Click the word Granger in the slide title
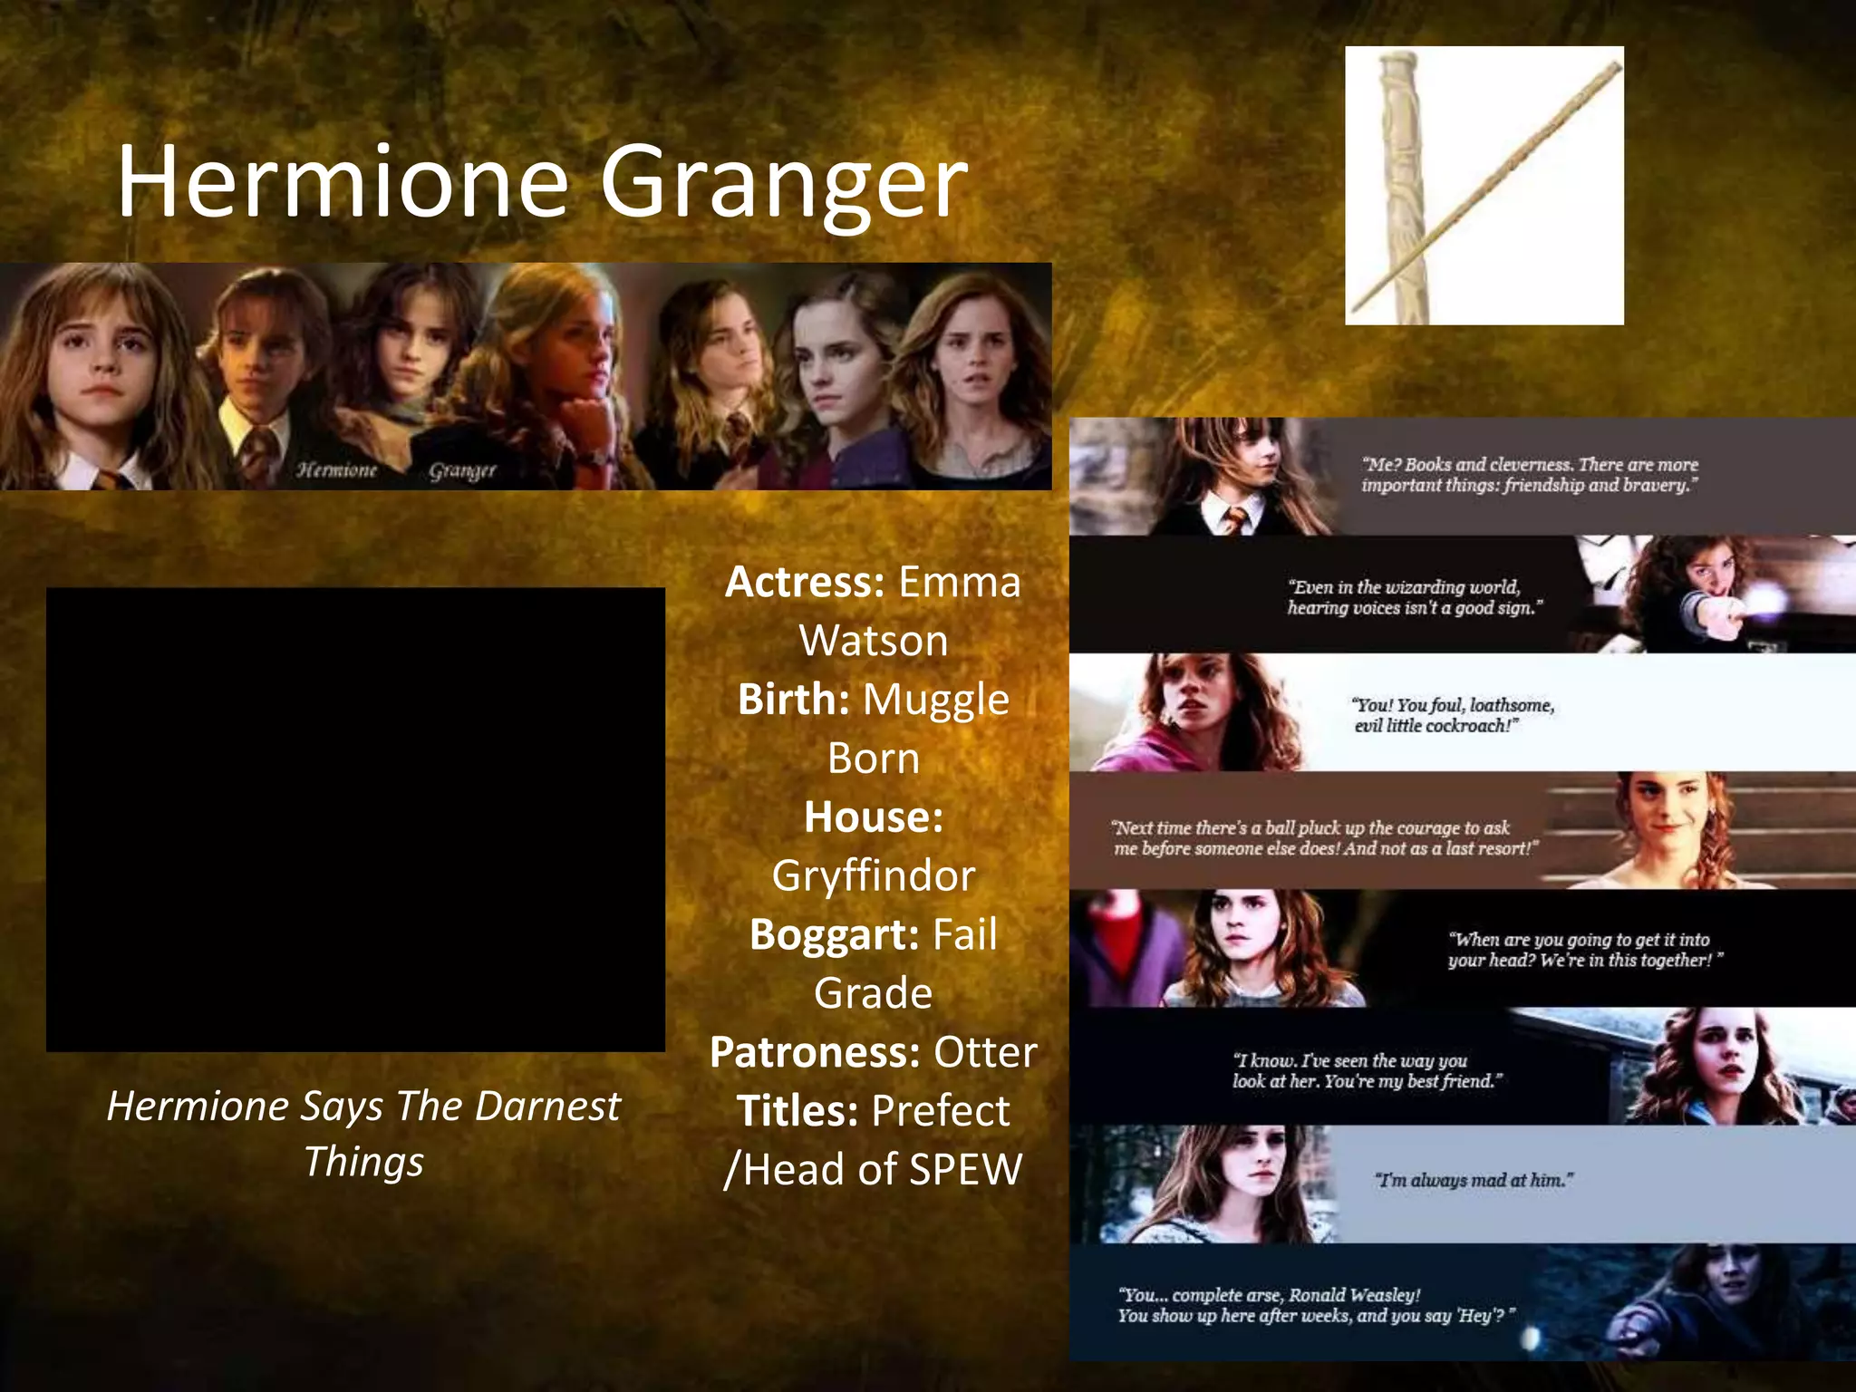784,184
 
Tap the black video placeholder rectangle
355,819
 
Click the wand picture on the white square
1484,186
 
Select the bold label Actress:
804,582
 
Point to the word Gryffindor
874,875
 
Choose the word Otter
985,1052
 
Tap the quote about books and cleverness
1529,475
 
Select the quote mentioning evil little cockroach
1453,715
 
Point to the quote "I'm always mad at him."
1474,1180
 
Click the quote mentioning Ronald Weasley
1315,1305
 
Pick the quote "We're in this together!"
1584,950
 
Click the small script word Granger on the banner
462,470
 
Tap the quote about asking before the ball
1324,838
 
